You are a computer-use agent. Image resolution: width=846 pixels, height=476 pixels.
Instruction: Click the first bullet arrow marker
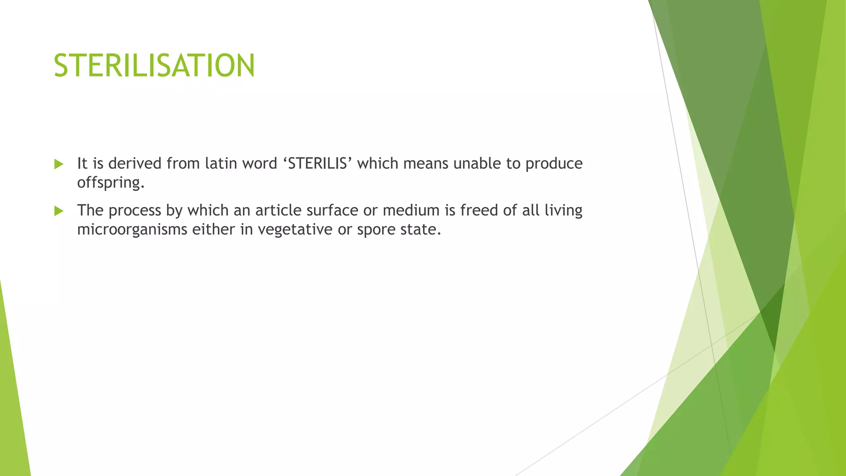[x=59, y=164]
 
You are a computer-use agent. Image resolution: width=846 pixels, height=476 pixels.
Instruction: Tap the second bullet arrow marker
[x=59, y=211]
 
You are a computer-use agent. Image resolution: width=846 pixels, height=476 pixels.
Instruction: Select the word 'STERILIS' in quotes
[x=317, y=164]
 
